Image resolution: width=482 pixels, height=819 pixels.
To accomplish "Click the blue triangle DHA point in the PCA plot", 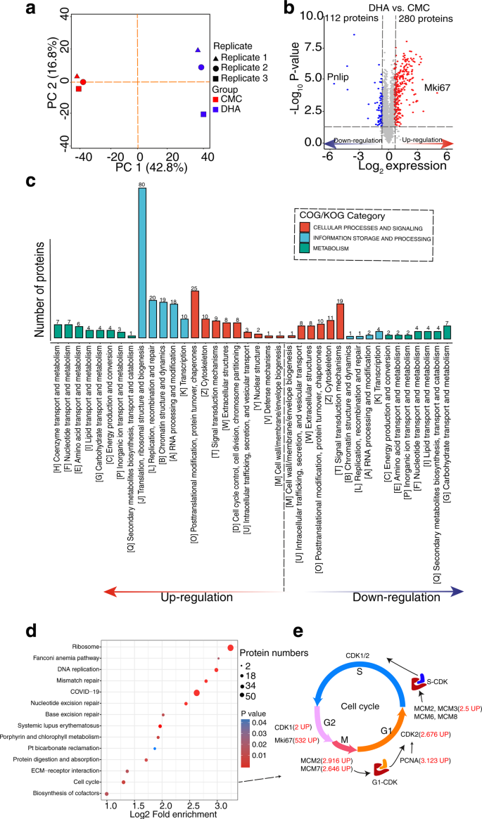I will point(198,51).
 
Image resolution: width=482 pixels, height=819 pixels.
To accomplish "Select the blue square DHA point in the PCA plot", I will point(203,114).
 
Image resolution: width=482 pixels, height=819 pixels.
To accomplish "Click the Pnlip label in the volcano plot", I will point(338,76).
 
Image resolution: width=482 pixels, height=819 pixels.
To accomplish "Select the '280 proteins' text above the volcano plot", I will point(426,18).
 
